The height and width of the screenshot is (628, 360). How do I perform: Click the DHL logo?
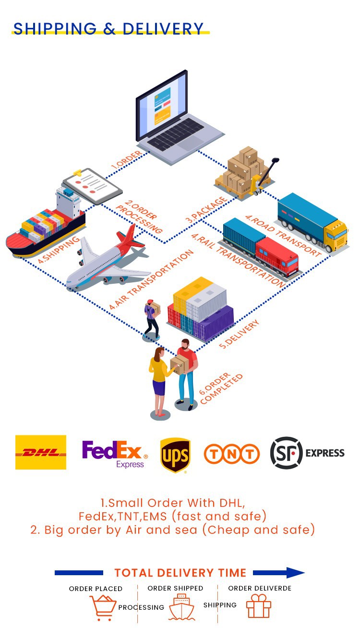[x=41, y=452]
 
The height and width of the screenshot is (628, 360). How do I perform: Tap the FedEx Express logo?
[x=114, y=454]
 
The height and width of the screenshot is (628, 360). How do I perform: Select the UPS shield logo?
[x=175, y=455]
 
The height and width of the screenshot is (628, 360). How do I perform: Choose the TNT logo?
[x=232, y=454]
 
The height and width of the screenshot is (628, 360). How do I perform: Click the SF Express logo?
[x=307, y=453]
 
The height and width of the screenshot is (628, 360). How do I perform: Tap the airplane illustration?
[x=108, y=259]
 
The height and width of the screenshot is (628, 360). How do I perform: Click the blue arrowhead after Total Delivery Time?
[x=294, y=572]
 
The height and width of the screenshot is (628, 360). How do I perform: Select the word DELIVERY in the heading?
[x=163, y=29]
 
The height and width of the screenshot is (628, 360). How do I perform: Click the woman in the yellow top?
[x=158, y=379]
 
